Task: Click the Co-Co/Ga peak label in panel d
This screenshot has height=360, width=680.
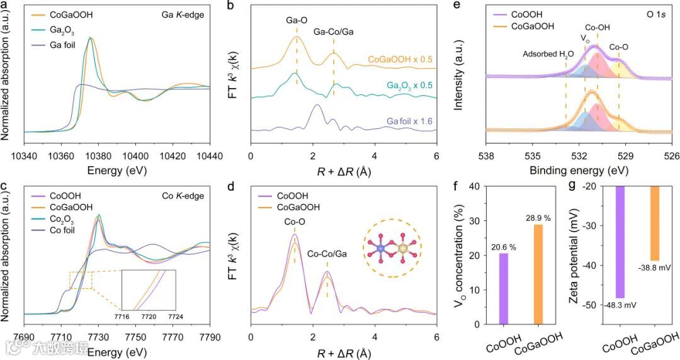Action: coord(327,254)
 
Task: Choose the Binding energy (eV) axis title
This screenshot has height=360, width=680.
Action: coord(579,170)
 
